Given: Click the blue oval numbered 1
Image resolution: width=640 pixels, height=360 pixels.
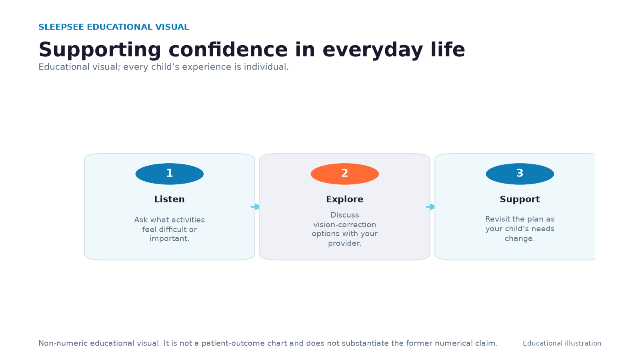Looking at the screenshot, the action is pyautogui.click(x=170, y=174).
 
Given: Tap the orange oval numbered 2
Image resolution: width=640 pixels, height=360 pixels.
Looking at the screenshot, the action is pyautogui.click(x=344, y=174).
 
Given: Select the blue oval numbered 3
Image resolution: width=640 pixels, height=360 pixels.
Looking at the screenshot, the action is pyautogui.click(x=520, y=174).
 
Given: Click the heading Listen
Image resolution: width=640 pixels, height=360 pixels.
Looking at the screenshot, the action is pyautogui.click(x=170, y=199).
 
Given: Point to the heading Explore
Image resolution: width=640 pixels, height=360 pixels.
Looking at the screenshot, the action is pyautogui.click(x=344, y=199).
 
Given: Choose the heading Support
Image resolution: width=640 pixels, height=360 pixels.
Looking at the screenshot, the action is pyautogui.click(x=520, y=199).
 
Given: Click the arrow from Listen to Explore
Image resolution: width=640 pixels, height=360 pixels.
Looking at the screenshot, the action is pyautogui.click(x=255, y=206).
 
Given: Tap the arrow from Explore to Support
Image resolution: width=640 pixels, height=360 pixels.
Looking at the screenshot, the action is pyautogui.click(x=430, y=206).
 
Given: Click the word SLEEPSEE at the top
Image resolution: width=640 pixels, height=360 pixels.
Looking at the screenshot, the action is pyautogui.click(x=61, y=27).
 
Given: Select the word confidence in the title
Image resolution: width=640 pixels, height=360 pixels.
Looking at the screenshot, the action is pyautogui.click(x=228, y=50).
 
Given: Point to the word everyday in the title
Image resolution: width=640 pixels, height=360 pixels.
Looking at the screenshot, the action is pyautogui.click(x=372, y=50).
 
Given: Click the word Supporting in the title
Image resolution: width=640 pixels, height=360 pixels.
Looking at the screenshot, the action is pyautogui.click(x=100, y=50).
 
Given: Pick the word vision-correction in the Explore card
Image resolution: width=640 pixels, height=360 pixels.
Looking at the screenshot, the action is pyautogui.click(x=344, y=224).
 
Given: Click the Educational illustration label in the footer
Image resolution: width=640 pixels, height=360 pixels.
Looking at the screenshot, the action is pyautogui.click(x=562, y=344).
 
